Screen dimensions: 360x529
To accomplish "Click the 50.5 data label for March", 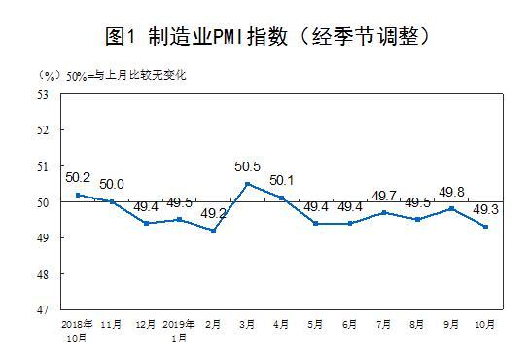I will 249,167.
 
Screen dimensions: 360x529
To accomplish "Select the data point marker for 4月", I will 282,198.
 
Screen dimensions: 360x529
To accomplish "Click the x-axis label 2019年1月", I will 179,328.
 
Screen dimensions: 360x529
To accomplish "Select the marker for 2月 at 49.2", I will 214,231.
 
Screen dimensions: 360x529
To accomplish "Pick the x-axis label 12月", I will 145,323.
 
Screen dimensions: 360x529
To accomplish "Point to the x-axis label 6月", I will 349,323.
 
